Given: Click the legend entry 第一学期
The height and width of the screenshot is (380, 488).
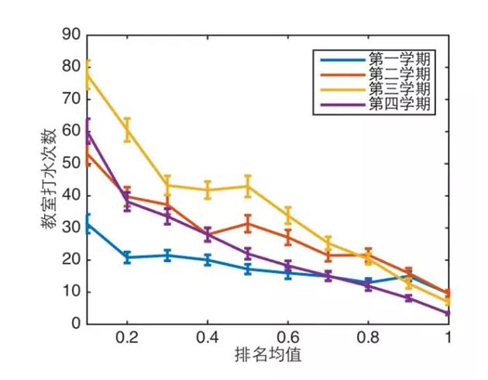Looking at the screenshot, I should pyautogui.click(x=400, y=59).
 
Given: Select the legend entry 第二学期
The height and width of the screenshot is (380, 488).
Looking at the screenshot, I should pyautogui.click(x=400, y=74).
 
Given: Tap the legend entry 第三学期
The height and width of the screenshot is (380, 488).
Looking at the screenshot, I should pyautogui.click(x=400, y=88).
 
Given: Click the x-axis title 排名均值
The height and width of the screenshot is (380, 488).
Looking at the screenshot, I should pyautogui.click(x=268, y=358).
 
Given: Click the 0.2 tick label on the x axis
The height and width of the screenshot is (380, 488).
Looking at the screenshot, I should pyautogui.click(x=127, y=340).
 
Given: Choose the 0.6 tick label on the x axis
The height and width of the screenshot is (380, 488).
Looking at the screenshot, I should pyautogui.click(x=287, y=340).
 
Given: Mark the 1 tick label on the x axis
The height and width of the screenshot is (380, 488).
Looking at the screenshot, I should pyautogui.click(x=448, y=340).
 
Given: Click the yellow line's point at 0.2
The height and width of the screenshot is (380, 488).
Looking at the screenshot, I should pyautogui.click(x=127, y=130).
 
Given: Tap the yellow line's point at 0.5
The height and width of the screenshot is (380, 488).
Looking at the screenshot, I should pyautogui.click(x=248, y=185).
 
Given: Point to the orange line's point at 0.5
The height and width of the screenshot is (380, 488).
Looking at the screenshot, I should pyautogui.click(x=248, y=223).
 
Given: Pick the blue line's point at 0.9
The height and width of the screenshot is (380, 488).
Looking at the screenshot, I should pyautogui.click(x=408, y=275).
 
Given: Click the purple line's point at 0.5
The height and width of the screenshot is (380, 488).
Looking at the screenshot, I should pyautogui.click(x=248, y=254).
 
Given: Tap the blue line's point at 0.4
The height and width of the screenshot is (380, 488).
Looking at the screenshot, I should pyautogui.click(x=208, y=260).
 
